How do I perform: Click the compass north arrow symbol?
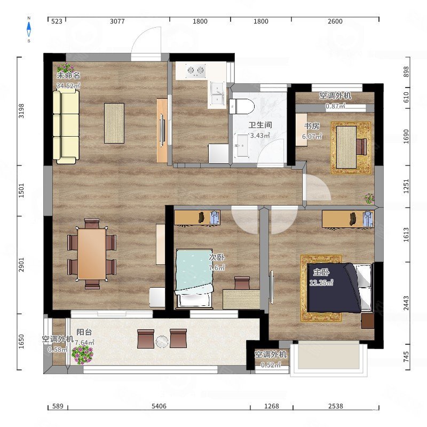[x=29, y=29]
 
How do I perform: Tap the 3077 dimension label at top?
[x=117, y=21]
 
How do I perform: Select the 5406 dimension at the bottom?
[x=159, y=406]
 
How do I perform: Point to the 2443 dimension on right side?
[x=406, y=303]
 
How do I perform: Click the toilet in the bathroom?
[x=242, y=106]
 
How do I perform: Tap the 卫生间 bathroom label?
[x=260, y=125]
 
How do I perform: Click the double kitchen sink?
[x=217, y=94]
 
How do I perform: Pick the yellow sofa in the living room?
[x=66, y=127]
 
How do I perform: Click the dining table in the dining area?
[x=92, y=254]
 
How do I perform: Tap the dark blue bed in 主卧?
[x=334, y=288]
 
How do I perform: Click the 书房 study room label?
[x=312, y=126]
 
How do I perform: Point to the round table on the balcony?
[x=162, y=342]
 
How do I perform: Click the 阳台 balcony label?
[x=84, y=332]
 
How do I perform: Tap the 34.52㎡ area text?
[x=68, y=85]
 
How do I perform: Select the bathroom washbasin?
[x=241, y=145]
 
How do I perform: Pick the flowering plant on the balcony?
[x=82, y=354]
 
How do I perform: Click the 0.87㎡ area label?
[x=336, y=106]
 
